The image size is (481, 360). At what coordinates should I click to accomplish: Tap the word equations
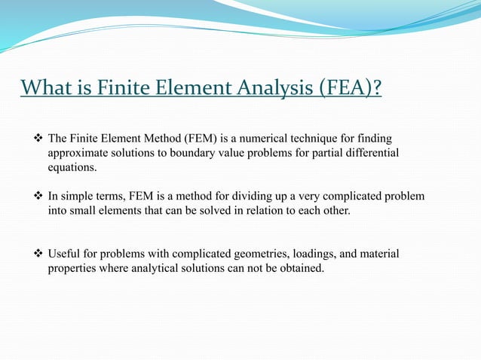click(x=72, y=168)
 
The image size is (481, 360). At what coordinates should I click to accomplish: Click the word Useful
click(x=64, y=254)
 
